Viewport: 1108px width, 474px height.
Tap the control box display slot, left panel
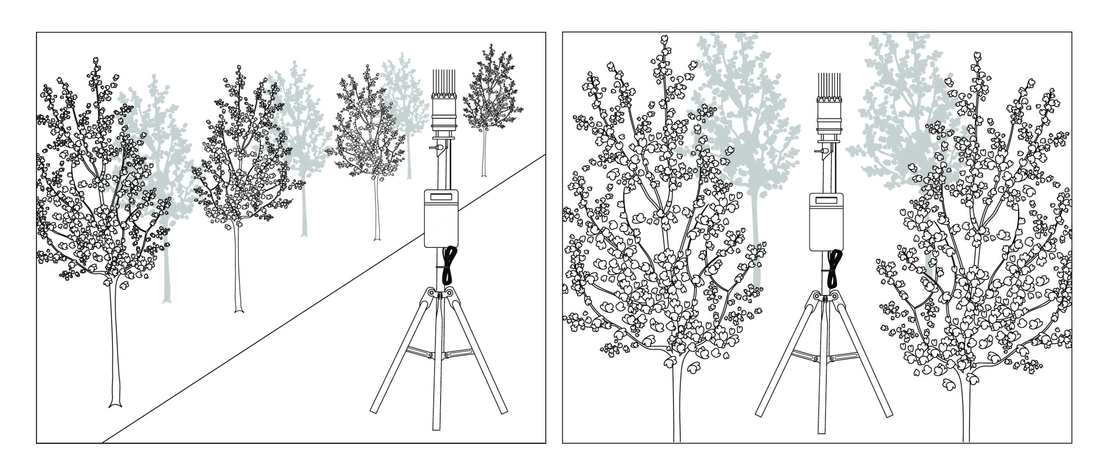coord(441,197)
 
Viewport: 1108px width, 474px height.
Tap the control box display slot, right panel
coord(826,200)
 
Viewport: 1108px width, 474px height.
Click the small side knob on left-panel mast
coord(432,147)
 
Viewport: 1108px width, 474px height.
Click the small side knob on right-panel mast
coord(818,152)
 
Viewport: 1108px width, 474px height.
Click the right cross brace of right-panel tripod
coord(847,357)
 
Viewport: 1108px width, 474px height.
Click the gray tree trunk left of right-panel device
coord(757,242)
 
